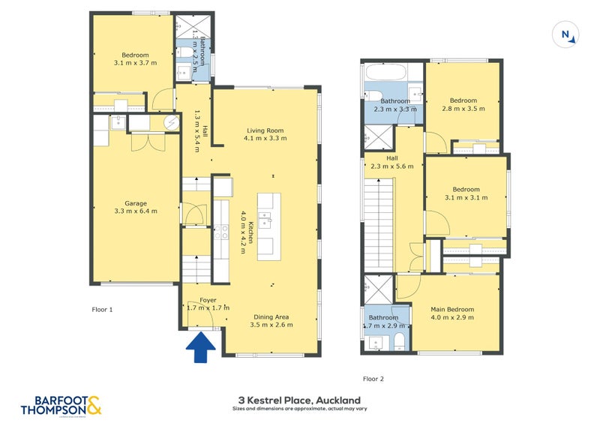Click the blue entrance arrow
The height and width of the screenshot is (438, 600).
[200, 347]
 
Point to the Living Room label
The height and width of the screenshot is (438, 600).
[265, 130]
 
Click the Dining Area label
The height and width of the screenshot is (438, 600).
[271, 316]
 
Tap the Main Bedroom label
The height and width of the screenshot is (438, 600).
[451, 309]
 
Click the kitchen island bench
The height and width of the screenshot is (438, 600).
[269, 226]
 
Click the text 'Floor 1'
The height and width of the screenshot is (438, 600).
[102, 308]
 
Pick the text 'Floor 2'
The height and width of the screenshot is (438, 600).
[373, 379]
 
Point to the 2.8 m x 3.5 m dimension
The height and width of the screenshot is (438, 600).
[463, 109]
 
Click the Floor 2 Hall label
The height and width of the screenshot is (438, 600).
[392, 158]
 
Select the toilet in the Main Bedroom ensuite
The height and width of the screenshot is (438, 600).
[399, 343]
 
